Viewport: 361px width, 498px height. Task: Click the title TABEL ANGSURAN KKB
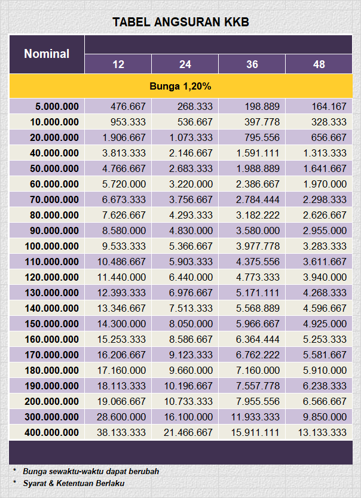(x=180, y=23)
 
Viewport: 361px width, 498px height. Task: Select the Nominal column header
(x=47, y=54)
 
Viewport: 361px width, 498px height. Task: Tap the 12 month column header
(x=118, y=64)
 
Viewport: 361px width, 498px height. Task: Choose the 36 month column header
(x=252, y=64)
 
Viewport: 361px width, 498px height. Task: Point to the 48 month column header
(x=319, y=64)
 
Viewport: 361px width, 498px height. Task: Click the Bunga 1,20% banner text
(x=180, y=87)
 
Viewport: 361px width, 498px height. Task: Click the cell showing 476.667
(x=128, y=106)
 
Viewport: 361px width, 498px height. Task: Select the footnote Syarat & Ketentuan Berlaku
(x=74, y=483)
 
